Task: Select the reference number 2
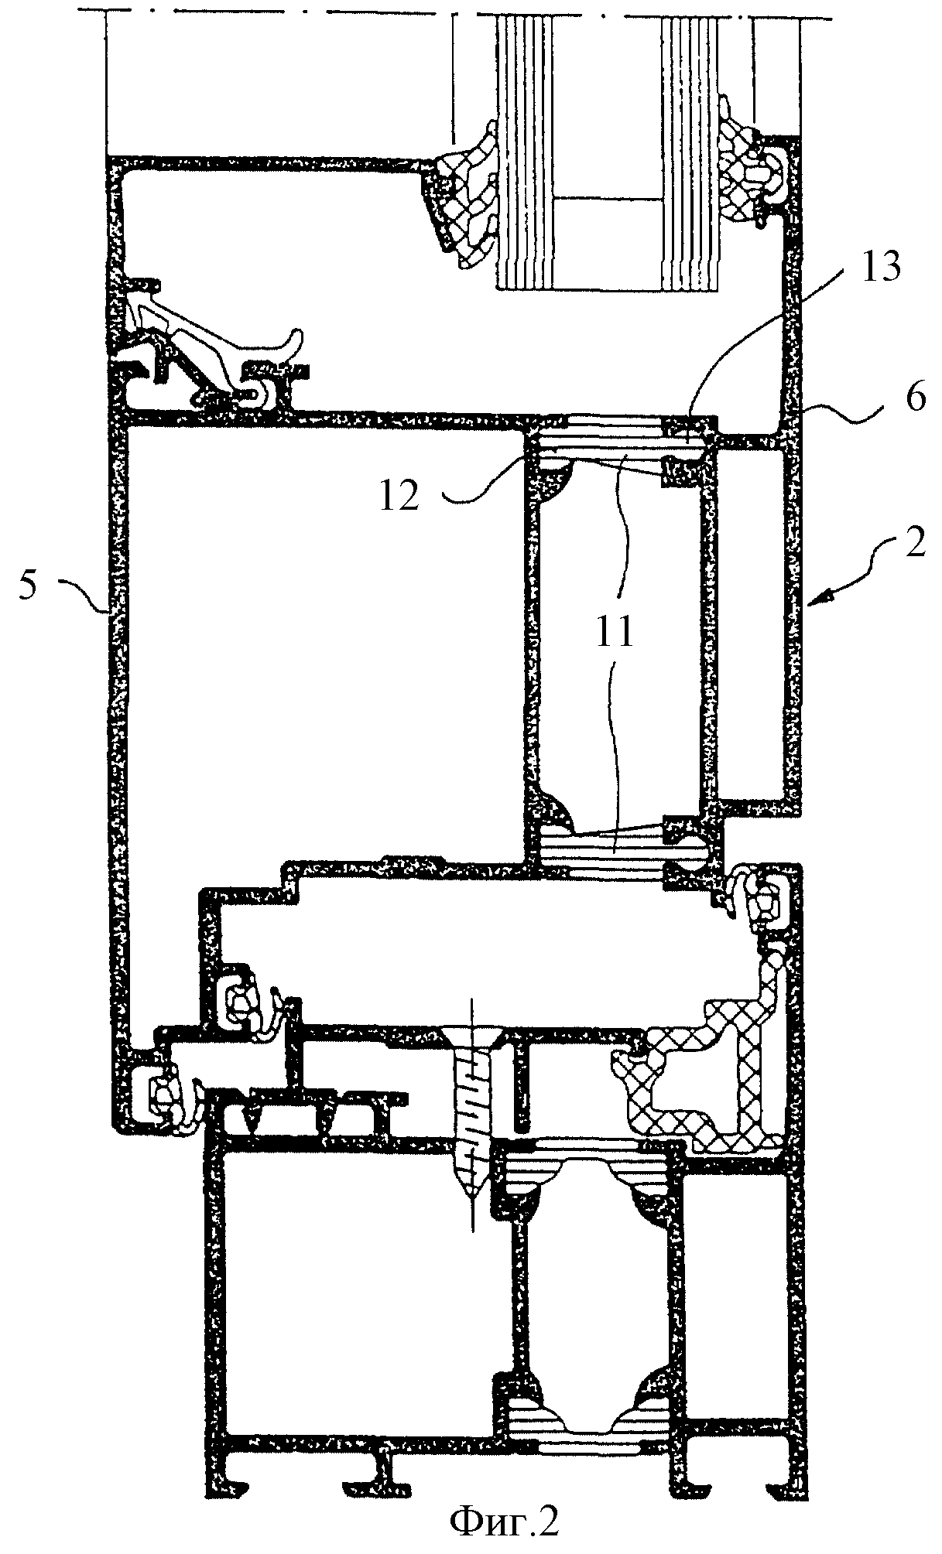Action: pyautogui.click(x=914, y=545)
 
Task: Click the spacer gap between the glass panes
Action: pyautogui.click(x=608, y=155)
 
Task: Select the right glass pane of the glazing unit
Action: pyautogui.click(x=689, y=155)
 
